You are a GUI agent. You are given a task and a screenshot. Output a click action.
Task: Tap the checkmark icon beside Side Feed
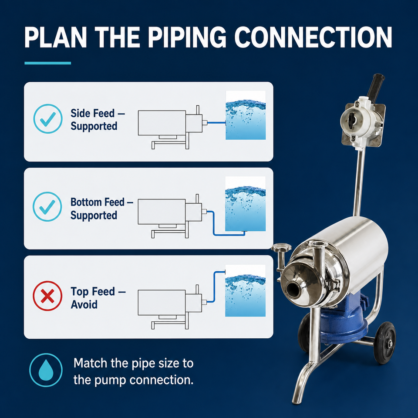pos(48,118)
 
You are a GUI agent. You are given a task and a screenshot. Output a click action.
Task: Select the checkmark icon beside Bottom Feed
pos(47,206)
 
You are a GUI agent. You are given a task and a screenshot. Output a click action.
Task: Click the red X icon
pos(47,296)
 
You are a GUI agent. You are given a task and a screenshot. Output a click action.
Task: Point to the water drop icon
pos(46,370)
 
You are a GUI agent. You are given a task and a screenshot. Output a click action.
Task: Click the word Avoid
pos(84,304)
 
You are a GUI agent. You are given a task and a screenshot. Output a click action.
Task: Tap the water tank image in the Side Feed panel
pos(246,115)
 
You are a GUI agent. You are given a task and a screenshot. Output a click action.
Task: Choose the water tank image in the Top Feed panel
pos(245,290)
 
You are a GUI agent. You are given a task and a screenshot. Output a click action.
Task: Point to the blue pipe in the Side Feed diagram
pos(216,123)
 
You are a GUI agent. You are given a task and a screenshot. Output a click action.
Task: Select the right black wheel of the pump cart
pos(384,343)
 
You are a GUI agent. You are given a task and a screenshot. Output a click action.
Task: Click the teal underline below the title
pos(48,63)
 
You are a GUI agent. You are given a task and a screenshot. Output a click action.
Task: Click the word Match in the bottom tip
pos(90,363)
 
